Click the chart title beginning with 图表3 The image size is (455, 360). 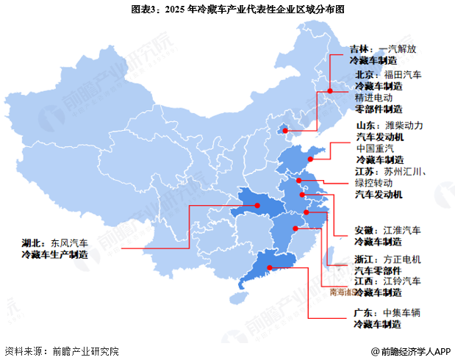(x=227, y=10)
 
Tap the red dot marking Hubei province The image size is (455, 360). (x=258, y=206)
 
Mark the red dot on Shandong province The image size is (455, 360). (x=312, y=156)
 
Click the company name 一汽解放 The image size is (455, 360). (x=400, y=49)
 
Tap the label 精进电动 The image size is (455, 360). (x=374, y=97)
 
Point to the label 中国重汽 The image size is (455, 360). (x=376, y=148)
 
